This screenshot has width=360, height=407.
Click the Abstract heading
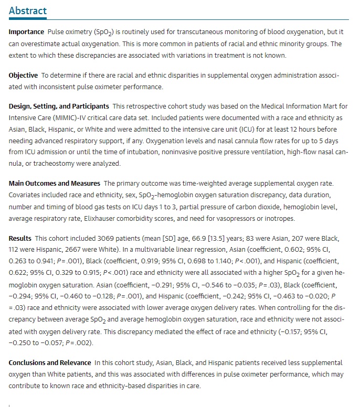[x=28, y=11]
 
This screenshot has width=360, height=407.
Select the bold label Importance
[x=26, y=32]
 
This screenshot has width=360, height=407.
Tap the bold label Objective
[x=23, y=76]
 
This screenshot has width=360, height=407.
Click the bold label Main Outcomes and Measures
[x=54, y=184]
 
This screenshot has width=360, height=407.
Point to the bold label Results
[x=20, y=239]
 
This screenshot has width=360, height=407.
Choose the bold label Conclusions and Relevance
[x=49, y=363]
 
